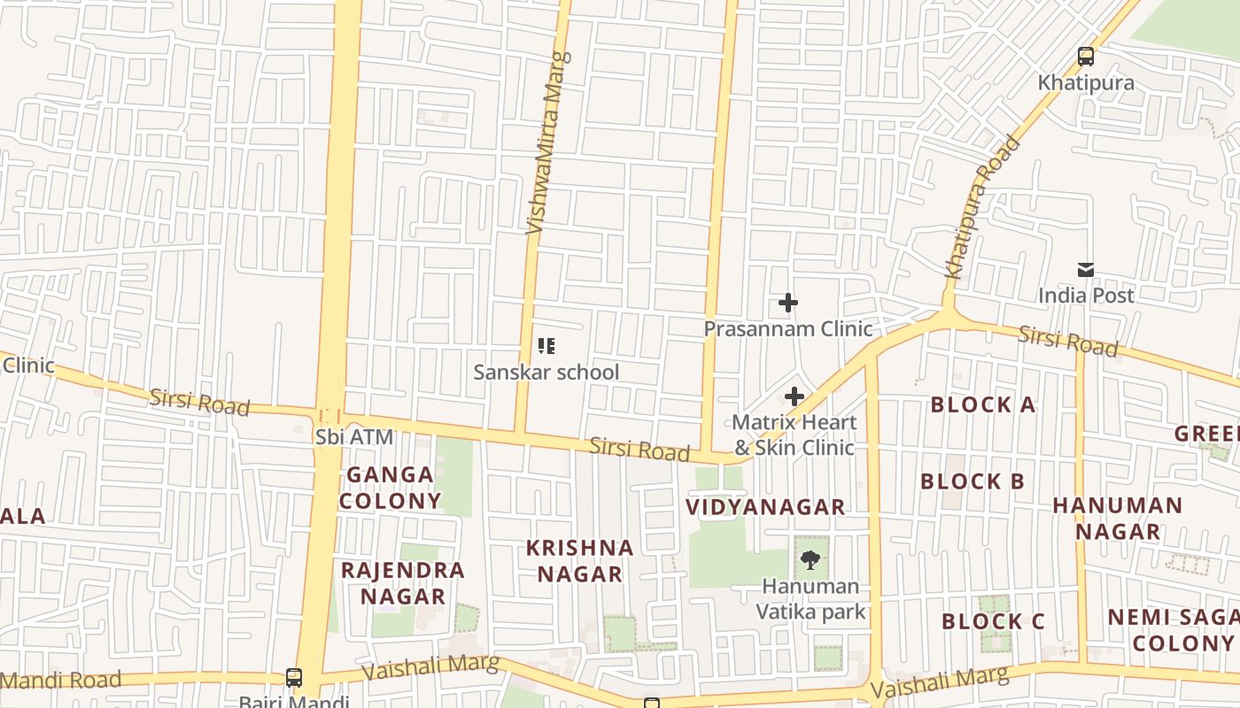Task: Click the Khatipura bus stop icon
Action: (1086, 58)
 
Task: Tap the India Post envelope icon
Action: (1086, 270)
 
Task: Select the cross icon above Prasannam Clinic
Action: (787, 304)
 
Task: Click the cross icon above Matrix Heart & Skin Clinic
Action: (794, 396)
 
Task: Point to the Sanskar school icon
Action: (546, 346)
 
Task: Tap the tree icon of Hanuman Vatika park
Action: (810, 559)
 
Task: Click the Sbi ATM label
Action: (353, 437)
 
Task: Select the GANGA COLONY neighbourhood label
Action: (390, 488)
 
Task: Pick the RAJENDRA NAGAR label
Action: (403, 582)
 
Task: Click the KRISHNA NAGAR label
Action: (580, 561)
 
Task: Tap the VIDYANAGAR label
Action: (766, 507)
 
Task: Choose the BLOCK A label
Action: (982, 405)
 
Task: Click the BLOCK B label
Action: (972, 482)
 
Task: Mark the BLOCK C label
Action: (993, 621)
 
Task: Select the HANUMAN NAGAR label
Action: (1117, 518)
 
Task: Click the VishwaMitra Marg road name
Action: (549, 143)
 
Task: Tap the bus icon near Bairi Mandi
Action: (294, 678)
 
